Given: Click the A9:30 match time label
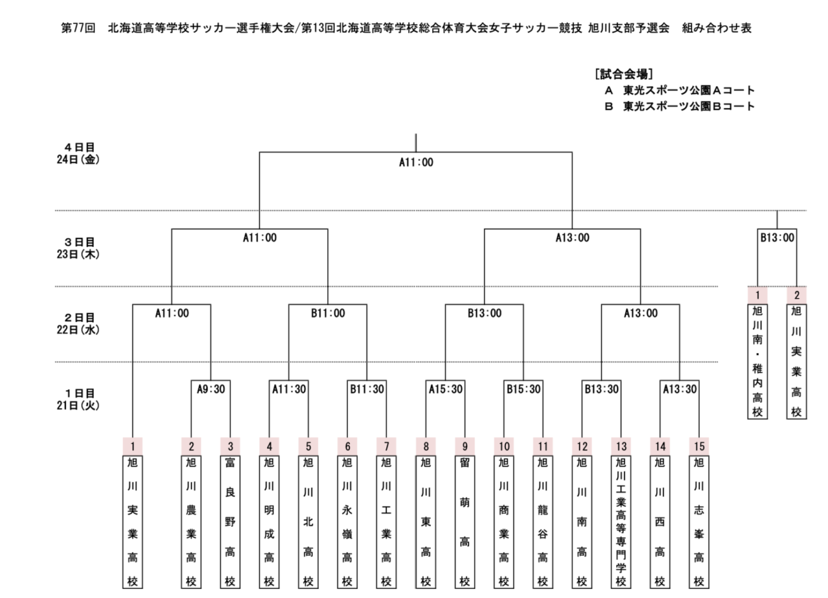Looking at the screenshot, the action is point(211,389).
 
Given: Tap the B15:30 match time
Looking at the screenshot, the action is point(523,389).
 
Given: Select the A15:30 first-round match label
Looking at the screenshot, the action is point(446,389).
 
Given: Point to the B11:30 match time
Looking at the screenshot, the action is point(367,389).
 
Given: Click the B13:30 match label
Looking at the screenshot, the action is point(602,389).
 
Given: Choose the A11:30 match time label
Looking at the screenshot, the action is point(289,389).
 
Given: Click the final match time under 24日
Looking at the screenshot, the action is point(416,162).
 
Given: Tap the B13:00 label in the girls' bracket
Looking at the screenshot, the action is point(777,238).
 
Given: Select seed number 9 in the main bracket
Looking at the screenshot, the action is point(464,447).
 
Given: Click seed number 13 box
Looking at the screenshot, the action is point(621,447).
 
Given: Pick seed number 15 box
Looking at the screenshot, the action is point(699,447).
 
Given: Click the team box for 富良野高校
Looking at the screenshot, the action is point(230,522).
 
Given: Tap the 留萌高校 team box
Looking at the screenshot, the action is point(464,522).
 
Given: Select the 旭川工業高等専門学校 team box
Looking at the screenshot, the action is point(621,522).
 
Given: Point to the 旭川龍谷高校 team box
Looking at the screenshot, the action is point(543,522).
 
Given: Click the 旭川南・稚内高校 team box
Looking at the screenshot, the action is point(757,361).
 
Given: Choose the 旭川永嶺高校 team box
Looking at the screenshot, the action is point(347,522).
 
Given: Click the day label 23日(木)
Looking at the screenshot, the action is point(78,255).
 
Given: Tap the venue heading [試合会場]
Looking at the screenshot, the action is point(624,74).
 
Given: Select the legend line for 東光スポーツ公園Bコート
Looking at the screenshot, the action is point(679,107).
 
